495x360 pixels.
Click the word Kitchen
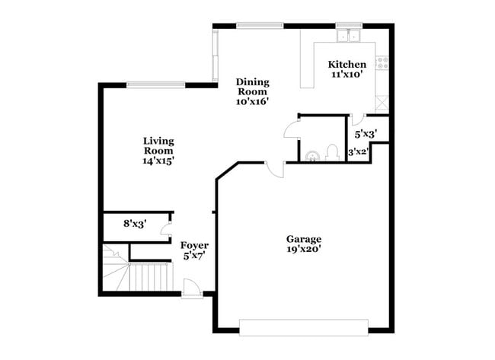[x=346, y=65]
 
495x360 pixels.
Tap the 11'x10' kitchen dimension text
[x=346, y=75]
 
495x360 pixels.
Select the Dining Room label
[x=252, y=87]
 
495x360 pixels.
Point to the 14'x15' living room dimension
[x=158, y=161]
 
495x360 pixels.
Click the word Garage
[x=303, y=238]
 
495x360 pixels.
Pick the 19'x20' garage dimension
[x=303, y=249]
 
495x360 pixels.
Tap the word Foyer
[x=194, y=245]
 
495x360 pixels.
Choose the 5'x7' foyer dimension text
[x=194, y=256]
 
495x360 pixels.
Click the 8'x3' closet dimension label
[x=134, y=224]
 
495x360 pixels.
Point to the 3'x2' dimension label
[x=358, y=152]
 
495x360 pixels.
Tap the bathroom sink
[x=311, y=156]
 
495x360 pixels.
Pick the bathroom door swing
[x=291, y=127]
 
